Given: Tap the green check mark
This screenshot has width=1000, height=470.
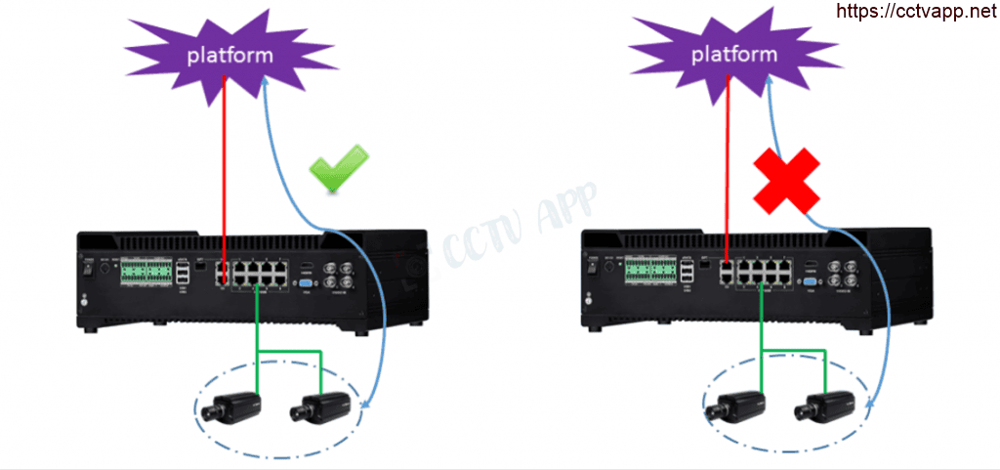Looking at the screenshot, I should (337, 167).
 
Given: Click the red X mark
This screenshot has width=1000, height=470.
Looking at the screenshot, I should (785, 180).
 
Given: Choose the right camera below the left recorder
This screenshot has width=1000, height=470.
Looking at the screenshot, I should (319, 405).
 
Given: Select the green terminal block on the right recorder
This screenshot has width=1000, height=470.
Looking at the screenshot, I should (648, 273).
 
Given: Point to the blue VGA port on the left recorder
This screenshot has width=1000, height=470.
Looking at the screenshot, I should (305, 286).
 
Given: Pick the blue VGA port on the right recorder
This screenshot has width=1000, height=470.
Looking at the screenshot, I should (809, 286).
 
